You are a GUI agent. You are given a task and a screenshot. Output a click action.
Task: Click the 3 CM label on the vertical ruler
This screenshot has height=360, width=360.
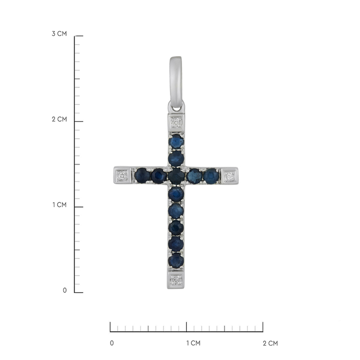59,34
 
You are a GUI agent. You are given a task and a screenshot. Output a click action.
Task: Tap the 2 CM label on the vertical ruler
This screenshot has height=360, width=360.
59,120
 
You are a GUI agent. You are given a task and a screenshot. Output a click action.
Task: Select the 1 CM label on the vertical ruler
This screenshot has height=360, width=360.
59,205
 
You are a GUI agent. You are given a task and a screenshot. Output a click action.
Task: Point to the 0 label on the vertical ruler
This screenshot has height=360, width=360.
65,291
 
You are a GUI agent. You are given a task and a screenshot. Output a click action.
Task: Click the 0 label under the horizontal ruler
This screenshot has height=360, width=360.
112,343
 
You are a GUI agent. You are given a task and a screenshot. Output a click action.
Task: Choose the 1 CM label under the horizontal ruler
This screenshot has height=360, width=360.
193,343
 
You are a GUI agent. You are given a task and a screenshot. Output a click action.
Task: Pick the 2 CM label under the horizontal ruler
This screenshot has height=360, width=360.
270,344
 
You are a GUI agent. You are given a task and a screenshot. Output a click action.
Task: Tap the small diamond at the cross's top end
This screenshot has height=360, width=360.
176,123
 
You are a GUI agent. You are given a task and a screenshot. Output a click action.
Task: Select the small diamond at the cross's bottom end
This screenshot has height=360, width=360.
176,280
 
